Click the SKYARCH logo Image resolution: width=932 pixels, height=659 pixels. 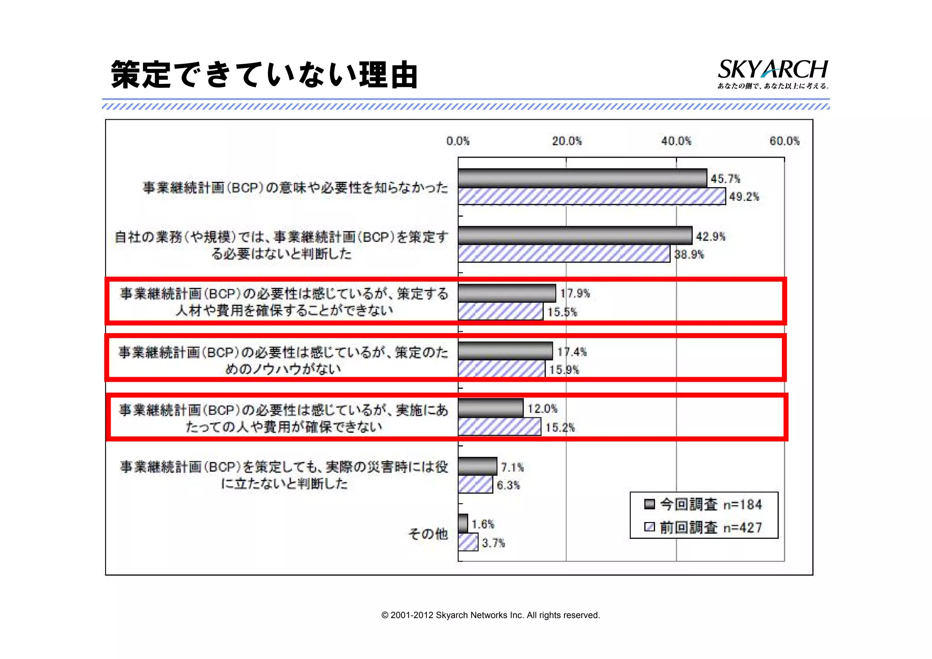pos(773,73)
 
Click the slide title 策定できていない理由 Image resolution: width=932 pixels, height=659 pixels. pos(264,75)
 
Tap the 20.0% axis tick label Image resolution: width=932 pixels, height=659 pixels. pos(567,141)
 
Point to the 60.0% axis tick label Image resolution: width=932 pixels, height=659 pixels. pos(784,141)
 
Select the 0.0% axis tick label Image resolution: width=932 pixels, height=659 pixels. pos(458,141)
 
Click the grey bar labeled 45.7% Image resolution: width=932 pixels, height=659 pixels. pos(582,178)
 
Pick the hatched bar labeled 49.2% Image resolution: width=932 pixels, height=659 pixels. pos(592,197)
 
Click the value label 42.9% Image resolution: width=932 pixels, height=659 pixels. pos(710,237)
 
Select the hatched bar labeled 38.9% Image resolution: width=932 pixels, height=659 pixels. pos(564,254)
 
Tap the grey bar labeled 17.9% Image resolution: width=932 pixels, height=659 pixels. pos(507,293)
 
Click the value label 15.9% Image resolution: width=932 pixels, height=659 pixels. pos(564,370)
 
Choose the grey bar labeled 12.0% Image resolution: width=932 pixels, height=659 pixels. pos(491,408)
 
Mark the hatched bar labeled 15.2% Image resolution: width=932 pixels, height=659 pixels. pos(499,427)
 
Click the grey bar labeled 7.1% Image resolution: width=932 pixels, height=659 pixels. pos(477,466)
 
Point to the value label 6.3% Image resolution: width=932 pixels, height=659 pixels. pos(508,485)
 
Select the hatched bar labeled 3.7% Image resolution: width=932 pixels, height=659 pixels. pos(468,542)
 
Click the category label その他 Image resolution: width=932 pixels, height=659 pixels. pos(428,533)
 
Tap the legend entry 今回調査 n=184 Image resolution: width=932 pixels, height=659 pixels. pos(703,504)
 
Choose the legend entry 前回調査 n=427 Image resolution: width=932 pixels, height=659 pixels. pos(703,527)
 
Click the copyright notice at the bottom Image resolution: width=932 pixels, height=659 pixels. pos(491,615)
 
